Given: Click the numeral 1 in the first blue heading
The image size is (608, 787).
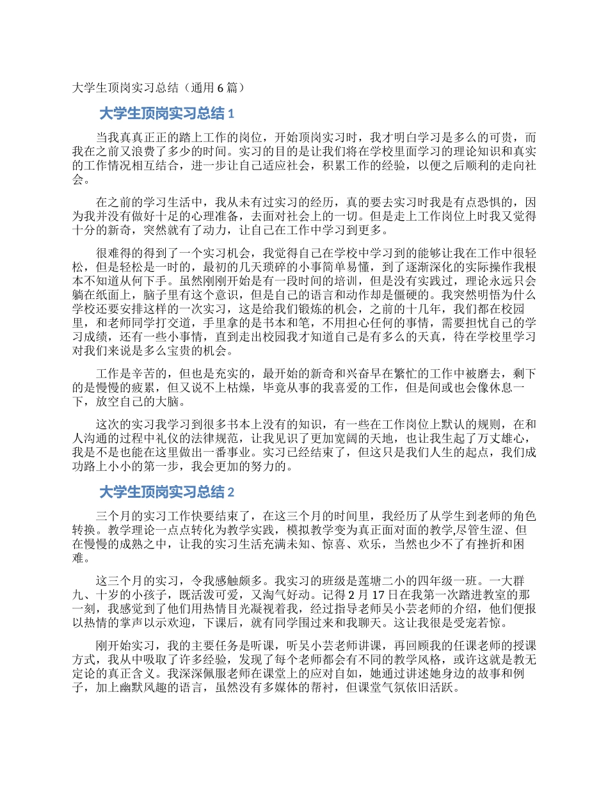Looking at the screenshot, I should [231, 114].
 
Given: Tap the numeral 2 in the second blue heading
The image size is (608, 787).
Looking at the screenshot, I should [231, 492].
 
